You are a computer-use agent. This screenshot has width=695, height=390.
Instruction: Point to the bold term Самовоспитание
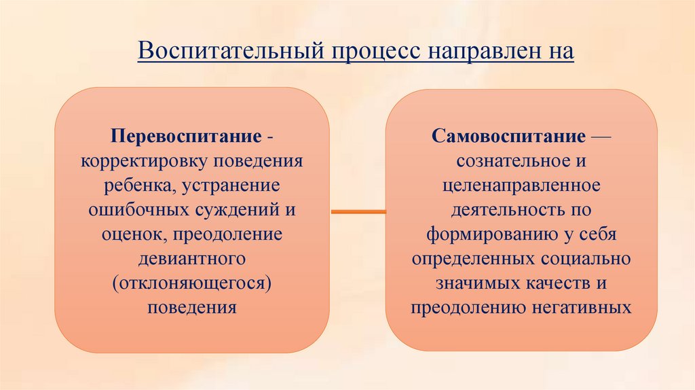(x=507, y=137)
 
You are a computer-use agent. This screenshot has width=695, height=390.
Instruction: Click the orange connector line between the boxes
(x=358, y=213)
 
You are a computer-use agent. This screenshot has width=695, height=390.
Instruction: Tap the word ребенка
(x=133, y=185)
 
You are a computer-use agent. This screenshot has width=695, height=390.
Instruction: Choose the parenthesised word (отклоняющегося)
(x=192, y=283)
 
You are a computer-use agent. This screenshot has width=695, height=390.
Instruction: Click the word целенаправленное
(x=521, y=185)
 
